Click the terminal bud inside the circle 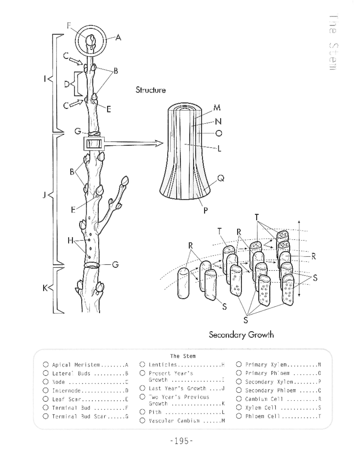pos(91,41)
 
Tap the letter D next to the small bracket pos(67,84)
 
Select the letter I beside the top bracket pos(45,79)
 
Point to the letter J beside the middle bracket pos(44,195)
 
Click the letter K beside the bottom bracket pos(45,288)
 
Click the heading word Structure pos(150,90)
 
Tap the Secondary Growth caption pos(241,335)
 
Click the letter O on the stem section pos(219,133)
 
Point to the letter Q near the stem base pos(220,179)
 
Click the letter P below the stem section pos(205,210)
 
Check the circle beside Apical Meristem pos(46,365)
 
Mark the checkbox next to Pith pos(142,412)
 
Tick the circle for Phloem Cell pos(239,416)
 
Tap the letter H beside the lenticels pos(70,240)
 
